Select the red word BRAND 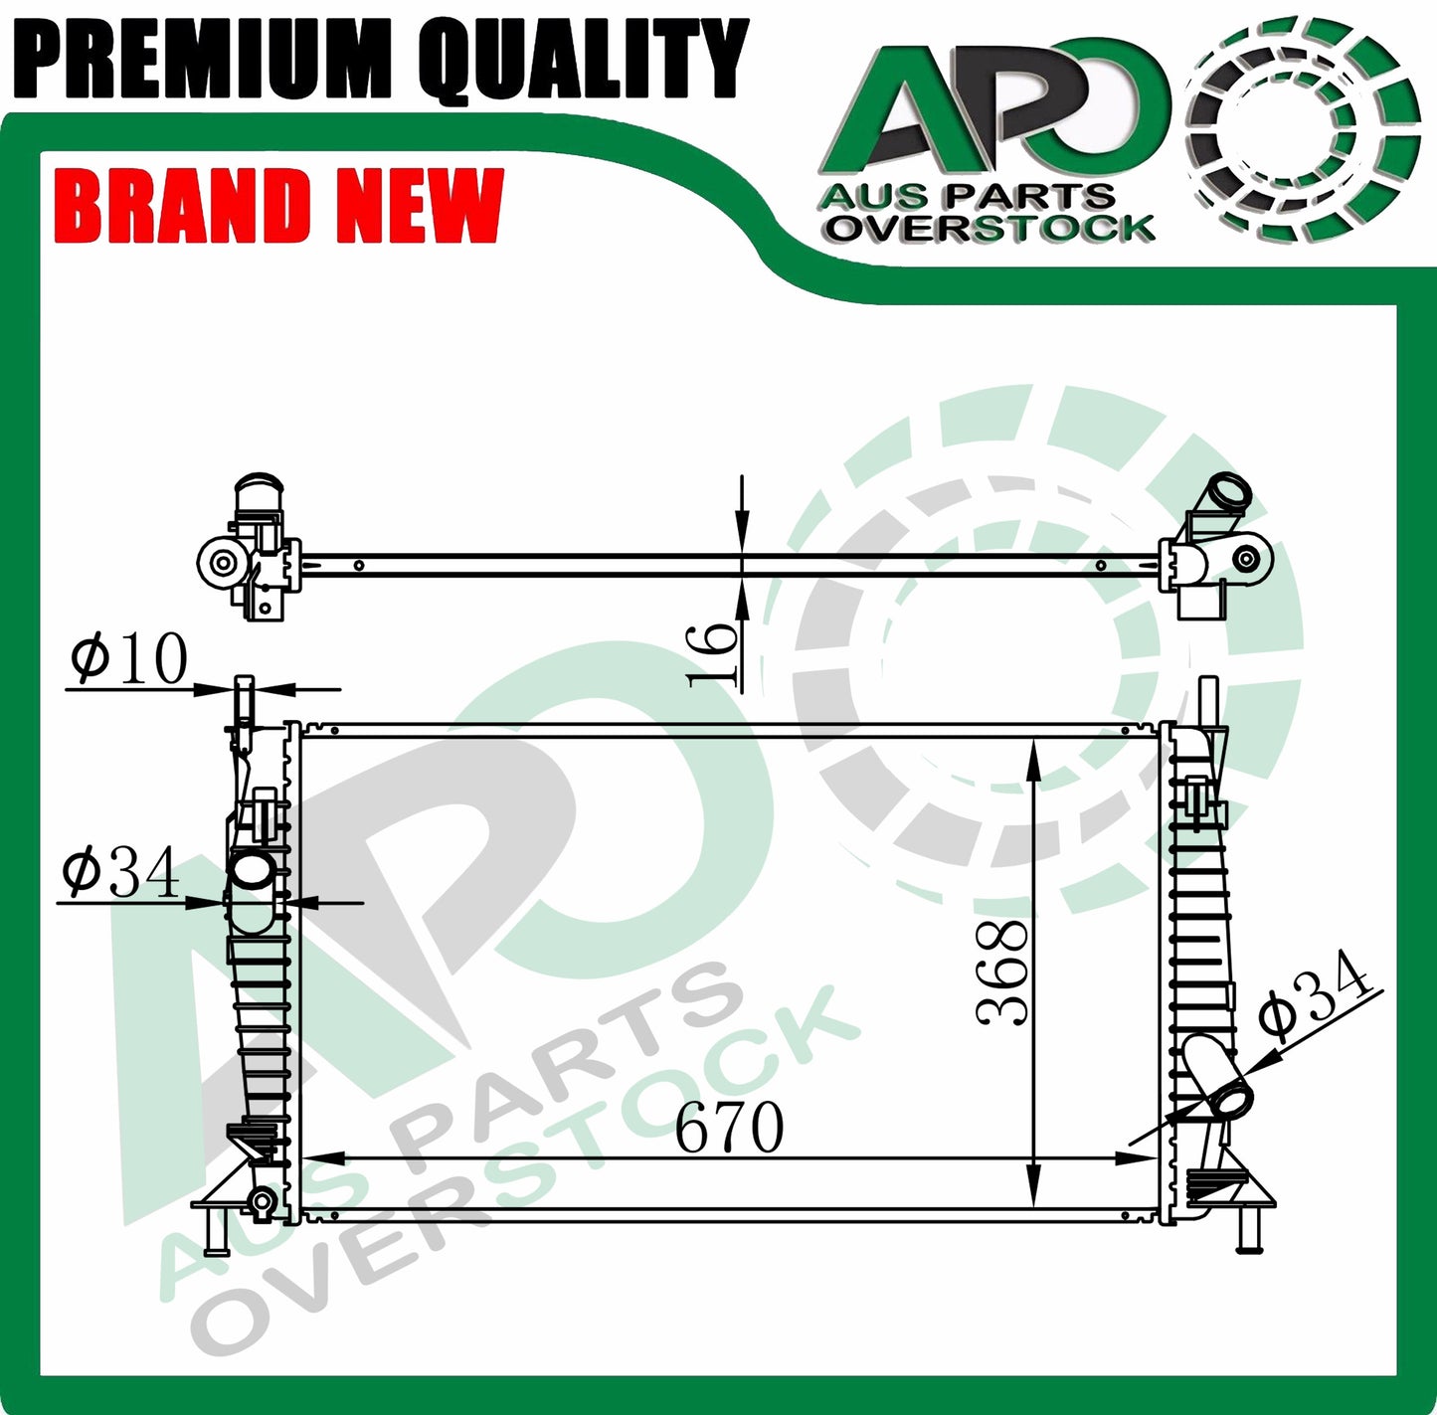(183, 205)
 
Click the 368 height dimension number (1001, 972)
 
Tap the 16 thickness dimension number (711, 655)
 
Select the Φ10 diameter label (129, 657)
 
